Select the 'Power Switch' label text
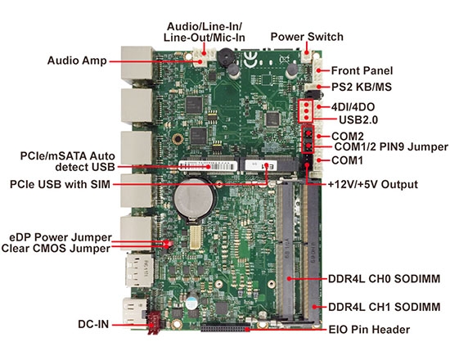point(306,37)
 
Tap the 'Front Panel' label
point(362,71)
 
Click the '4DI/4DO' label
point(353,106)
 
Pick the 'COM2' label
point(347,135)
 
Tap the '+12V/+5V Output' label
point(372,184)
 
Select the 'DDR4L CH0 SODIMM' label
point(384,280)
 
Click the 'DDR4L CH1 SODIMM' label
point(384,308)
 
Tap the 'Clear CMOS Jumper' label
point(56,248)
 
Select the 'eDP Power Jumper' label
point(60,236)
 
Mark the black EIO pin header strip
point(221,329)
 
